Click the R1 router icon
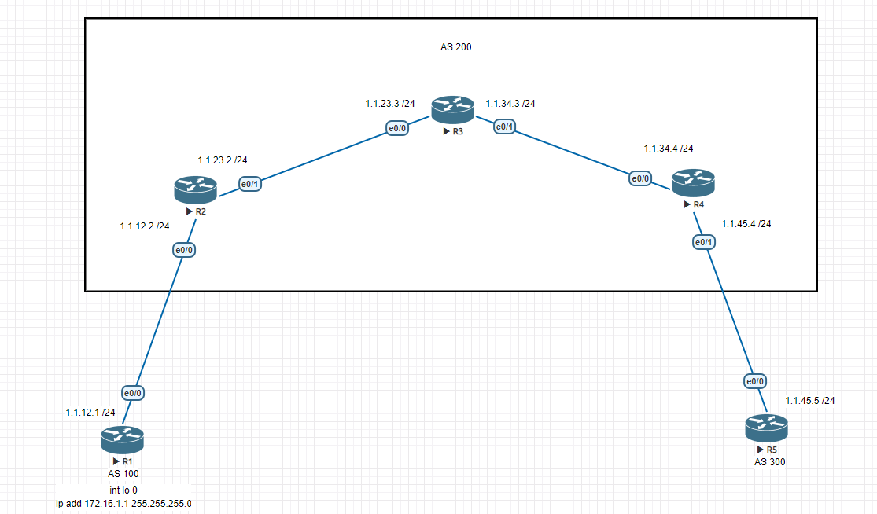click(x=123, y=439)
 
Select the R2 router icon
click(x=195, y=190)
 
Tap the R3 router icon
click(x=453, y=109)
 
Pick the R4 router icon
click(x=694, y=182)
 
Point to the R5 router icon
click(x=766, y=428)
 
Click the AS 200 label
click(x=456, y=47)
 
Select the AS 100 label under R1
click(x=123, y=474)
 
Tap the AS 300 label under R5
click(x=769, y=462)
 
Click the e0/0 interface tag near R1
click(x=133, y=393)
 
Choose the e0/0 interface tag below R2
click(x=184, y=250)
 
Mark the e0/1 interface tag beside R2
click(x=250, y=184)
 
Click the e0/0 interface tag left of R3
click(x=398, y=128)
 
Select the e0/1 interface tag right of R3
click(x=504, y=127)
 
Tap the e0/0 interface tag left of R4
click(x=640, y=178)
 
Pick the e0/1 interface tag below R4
click(x=704, y=242)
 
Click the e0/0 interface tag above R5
click(x=755, y=381)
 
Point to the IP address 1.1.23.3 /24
click(x=390, y=104)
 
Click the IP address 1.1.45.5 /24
click(x=810, y=401)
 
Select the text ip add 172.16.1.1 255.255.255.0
click(x=123, y=503)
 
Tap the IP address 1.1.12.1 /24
click(x=90, y=413)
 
